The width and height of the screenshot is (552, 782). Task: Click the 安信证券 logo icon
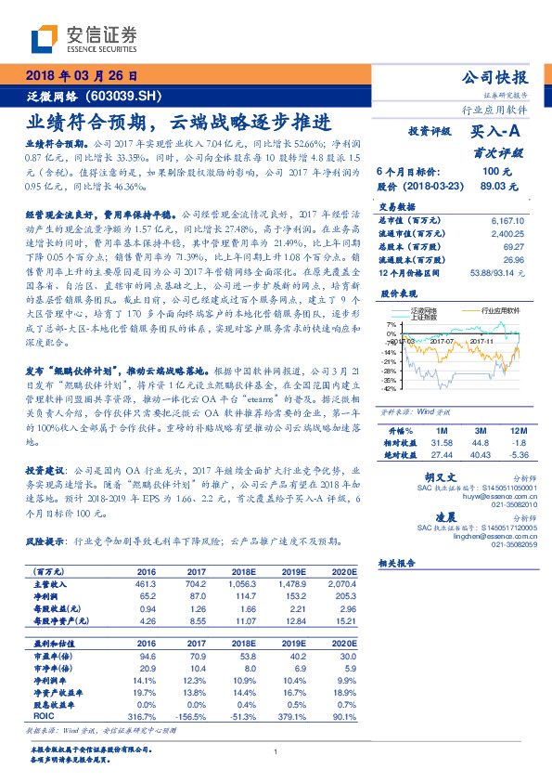(x=45, y=40)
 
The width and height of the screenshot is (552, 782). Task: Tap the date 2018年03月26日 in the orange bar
(x=81, y=76)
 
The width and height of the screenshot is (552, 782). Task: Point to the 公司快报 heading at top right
(x=494, y=78)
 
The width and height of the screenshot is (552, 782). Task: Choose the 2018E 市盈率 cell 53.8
(x=244, y=655)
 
